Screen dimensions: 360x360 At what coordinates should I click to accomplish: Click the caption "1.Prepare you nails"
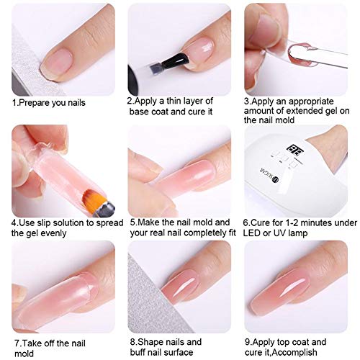point(48,102)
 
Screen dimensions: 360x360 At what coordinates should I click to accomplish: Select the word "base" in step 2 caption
point(141,112)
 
